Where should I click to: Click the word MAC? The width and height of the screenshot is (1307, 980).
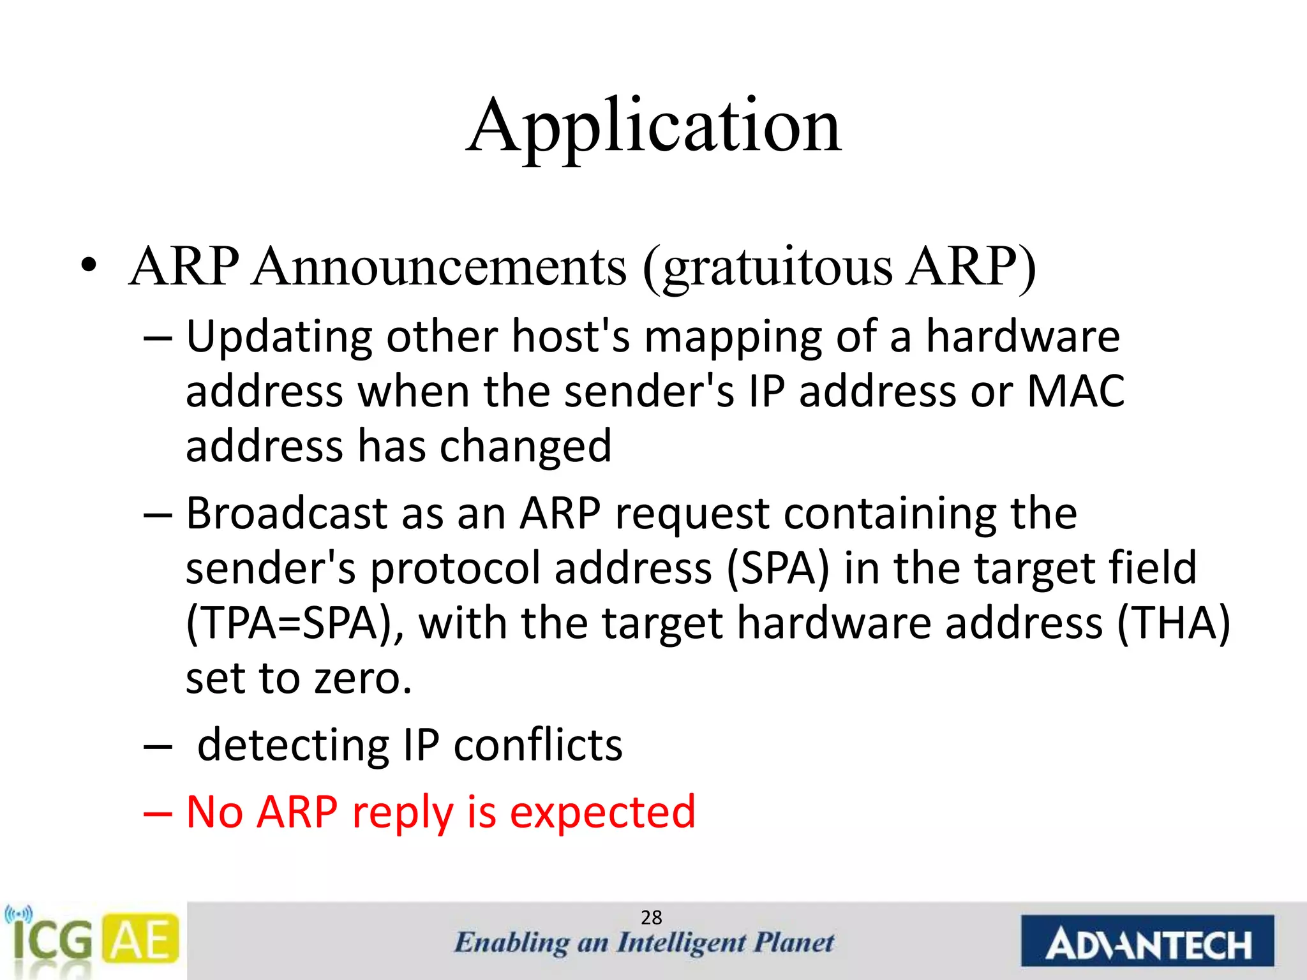click(x=1076, y=391)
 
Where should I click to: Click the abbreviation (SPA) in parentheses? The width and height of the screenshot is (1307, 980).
click(x=778, y=568)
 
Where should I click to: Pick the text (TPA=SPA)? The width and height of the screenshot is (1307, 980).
click(x=294, y=623)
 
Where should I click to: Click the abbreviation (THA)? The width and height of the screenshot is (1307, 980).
click(x=1173, y=623)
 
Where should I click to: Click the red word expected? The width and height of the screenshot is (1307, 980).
click(x=602, y=813)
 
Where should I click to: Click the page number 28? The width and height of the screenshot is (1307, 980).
click(x=652, y=917)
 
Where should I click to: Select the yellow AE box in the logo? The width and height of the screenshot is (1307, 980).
click(x=141, y=939)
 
